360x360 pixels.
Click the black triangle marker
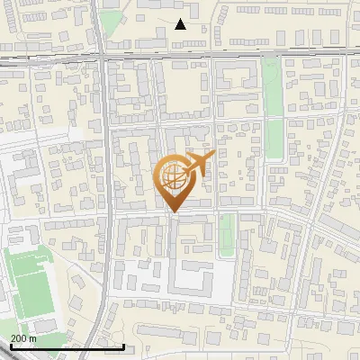(180, 24)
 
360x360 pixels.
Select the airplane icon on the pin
(198, 164)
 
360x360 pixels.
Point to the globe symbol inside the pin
(173, 176)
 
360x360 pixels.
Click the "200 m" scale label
(23, 337)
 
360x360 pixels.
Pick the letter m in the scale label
(34, 337)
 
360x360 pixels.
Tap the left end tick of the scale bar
(11, 346)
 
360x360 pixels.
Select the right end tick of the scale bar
(123, 346)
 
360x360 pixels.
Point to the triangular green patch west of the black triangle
(110, 23)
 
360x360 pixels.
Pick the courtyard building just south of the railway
(235, 76)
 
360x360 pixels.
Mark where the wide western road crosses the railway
(103, 57)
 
